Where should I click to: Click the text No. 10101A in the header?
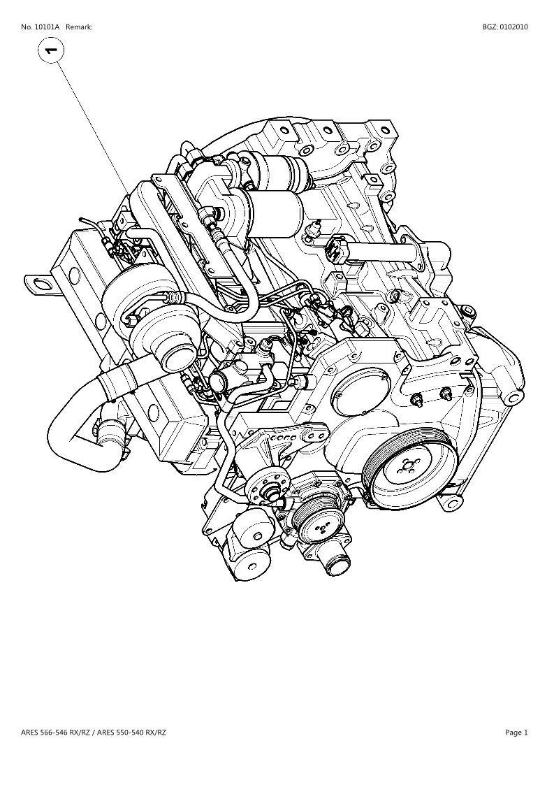41,27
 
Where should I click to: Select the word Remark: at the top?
79,27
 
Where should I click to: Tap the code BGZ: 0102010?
505,27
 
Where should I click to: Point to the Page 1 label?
516,733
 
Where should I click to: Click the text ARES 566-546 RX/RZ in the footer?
56,733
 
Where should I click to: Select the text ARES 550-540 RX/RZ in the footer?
131,733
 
